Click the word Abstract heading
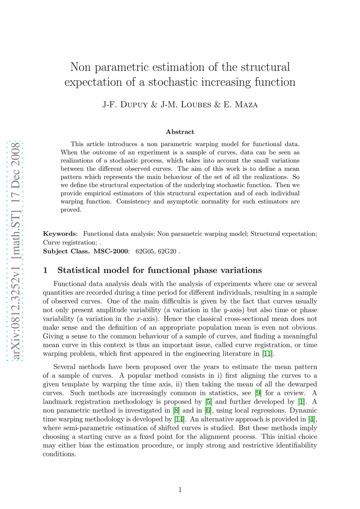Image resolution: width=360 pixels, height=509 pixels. (x=180, y=132)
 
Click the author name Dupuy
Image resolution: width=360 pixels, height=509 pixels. (x=134, y=105)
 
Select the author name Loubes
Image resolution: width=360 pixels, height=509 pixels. (x=196, y=105)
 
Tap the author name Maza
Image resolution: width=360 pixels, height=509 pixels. (x=246, y=105)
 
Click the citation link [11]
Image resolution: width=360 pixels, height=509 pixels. (x=268, y=354)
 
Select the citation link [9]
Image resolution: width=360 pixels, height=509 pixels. (x=258, y=393)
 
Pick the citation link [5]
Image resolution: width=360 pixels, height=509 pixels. (x=208, y=402)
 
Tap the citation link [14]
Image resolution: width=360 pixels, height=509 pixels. (x=179, y=419)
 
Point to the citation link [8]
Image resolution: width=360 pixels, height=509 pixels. (x=176, y=411)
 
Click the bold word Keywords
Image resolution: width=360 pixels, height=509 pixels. (x=59, y=234)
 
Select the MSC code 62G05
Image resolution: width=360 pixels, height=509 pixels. (x=145, y=252)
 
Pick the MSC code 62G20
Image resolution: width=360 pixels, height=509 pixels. (x=167, y=252)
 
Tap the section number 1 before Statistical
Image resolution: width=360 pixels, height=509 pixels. (x=45, y=270)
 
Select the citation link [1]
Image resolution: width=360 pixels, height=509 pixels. (x=301, y=402)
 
